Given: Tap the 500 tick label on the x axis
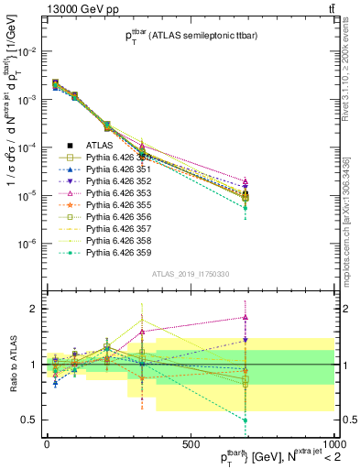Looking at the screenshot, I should [x=191, y=443].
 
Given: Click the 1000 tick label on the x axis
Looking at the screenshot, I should [x=333, y=443].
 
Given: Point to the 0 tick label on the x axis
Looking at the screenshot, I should [x=47, y=443].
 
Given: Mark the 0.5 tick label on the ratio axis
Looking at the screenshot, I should [x=30, y=420].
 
